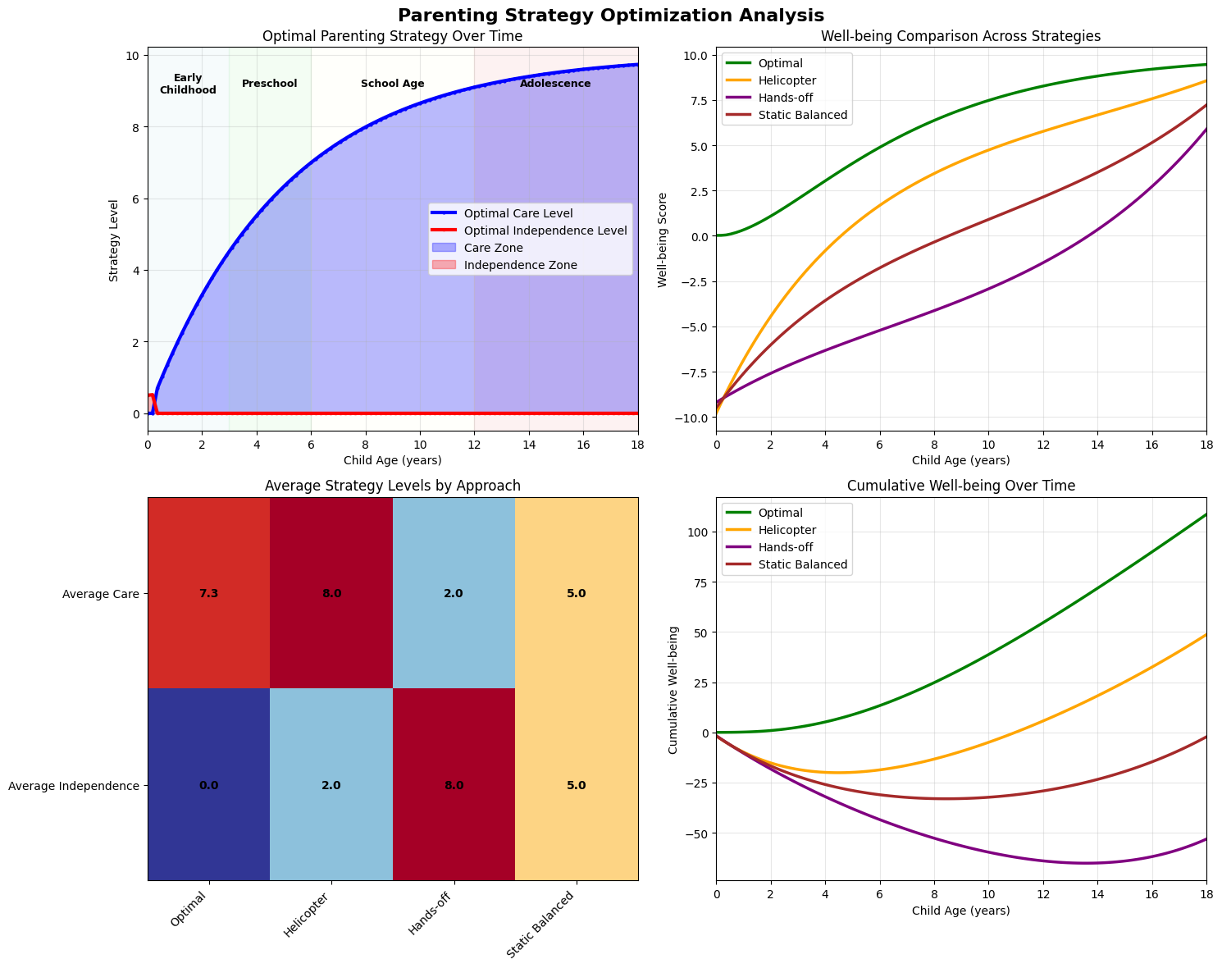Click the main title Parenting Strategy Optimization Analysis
tap(610, 15)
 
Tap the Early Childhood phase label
tap(188, 84)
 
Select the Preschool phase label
tap(270, 84)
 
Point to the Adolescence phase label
tap(555, 84)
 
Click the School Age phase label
tap(393, 84)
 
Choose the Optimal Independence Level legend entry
tap(545, 231)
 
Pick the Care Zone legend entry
tap(493, 248)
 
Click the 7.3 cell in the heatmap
tap(209, 593)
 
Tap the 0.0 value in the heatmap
tap(209, 785)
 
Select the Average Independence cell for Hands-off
tap(454, 785)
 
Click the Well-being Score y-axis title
tap(663, 240)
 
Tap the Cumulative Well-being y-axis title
tap(673, 690)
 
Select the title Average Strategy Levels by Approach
tap(393, 486)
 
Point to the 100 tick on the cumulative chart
tap(699, 532)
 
